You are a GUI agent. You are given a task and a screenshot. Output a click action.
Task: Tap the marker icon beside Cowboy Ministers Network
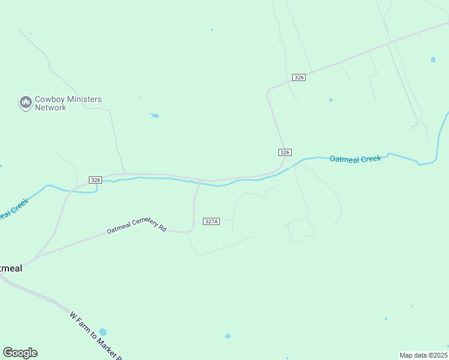click(25, 103)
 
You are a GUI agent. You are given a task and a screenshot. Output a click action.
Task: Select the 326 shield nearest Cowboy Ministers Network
click(95, 180)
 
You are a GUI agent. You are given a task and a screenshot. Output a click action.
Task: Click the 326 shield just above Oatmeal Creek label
click(285, 152)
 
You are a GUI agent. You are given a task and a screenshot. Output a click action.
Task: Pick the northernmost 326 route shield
click(300, 77)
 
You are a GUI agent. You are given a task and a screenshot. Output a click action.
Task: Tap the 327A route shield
click(211, 221)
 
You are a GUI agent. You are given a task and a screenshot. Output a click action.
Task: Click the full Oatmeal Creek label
click(355, 159)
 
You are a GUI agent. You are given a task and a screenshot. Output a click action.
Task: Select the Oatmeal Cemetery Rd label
click(136, 226)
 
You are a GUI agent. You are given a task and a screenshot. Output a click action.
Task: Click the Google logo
click(20, 353)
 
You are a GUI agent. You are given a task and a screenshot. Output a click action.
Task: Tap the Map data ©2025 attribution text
click(424, 355)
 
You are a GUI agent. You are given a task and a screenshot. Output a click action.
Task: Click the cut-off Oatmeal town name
click(11, 268)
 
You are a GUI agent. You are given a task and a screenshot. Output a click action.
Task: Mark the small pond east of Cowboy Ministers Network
click(154, 115)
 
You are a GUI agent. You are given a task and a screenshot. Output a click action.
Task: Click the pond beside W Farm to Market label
click(103, 332)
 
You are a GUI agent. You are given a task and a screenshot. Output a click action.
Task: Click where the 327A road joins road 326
click(199, 181)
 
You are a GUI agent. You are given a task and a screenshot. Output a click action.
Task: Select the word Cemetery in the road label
click(145, 223)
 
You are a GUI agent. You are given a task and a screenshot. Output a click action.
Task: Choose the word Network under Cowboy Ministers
click(50, 108)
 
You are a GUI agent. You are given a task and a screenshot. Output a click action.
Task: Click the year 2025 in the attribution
click(440, 355)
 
